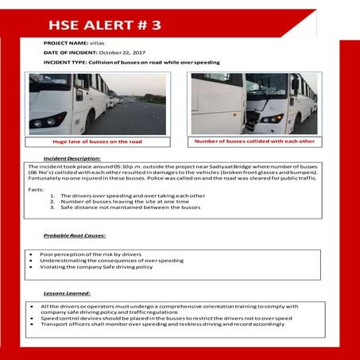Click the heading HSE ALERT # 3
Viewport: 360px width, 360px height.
click(103, 24)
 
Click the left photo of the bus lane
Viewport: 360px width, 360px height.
click(97, 103)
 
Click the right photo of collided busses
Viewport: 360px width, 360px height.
click(254, 103)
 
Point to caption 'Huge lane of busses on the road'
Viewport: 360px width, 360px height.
click(97, 141)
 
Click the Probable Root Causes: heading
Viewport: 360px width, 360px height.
click(75, 236)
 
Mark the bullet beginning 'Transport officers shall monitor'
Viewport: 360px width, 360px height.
click(159, 324)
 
